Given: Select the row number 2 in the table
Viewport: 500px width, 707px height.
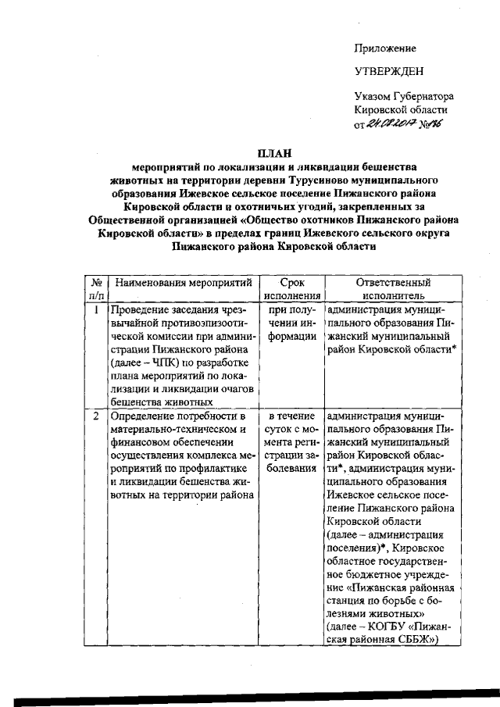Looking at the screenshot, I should point(95,416).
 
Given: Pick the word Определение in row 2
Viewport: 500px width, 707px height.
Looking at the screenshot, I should point(143,416).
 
